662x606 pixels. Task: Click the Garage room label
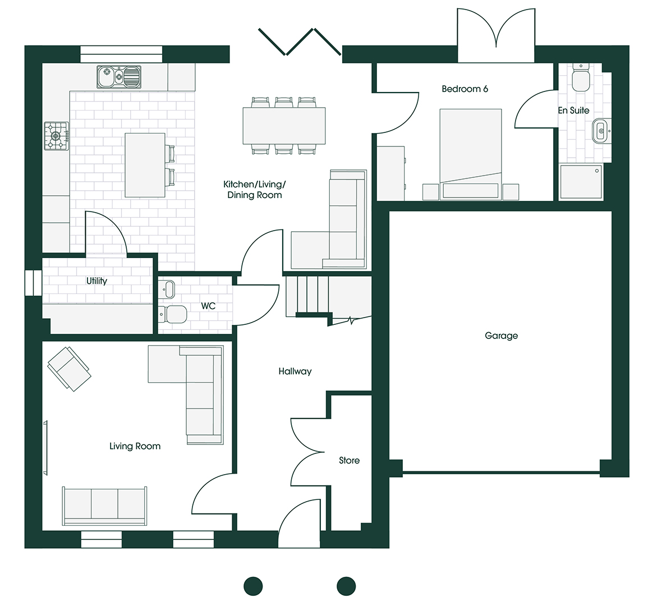(x=501, y=336)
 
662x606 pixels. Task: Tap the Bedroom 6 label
(x=465, y=89)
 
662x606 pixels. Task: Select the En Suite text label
(x=573, y=111)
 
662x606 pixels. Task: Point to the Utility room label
(x=96, y=281)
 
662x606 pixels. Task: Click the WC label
(x=208, y=306)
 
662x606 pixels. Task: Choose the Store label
(x=349, y=460)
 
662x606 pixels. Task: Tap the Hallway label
(x=295, y=371)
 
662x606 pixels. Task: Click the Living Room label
(x=135, y=446)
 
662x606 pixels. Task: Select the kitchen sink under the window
(x=118, y=77)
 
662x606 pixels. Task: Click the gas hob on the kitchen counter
(x=57, y=136)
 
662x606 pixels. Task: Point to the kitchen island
(x=145, y=165)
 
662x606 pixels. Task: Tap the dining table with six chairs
(x=284, y=125)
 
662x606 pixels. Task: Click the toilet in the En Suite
(x=580, y=79)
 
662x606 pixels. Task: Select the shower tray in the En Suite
(x=581, y=182)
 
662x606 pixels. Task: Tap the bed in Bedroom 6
(x=470, y=153)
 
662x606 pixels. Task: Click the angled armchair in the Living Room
(x=68, y=368)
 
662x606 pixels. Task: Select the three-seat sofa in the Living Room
(x=105, y=505)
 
